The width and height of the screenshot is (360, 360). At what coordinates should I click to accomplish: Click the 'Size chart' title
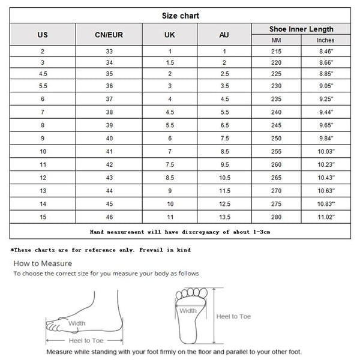tap(180, 16)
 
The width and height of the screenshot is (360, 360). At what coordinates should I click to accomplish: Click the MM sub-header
tap(275, 40)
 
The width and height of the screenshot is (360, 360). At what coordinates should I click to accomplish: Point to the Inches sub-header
tap(325, 40)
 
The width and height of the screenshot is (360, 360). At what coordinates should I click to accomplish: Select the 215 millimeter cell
tap(275, 52)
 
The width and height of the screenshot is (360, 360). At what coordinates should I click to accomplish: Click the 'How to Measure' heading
tap(43, 263)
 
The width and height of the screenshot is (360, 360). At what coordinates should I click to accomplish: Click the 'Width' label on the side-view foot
tap(76, 323)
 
